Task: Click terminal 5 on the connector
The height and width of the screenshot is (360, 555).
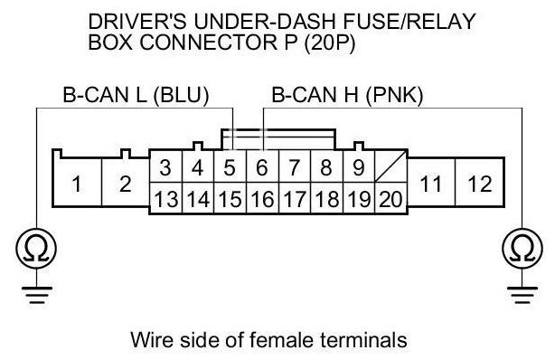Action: click(x=230, y=166)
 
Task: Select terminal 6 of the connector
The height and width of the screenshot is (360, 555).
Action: click(x=262, y=166)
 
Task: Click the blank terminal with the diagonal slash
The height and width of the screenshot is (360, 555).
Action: click(x=390, y=166)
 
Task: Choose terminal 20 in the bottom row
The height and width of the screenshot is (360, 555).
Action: click(x=390, y=198)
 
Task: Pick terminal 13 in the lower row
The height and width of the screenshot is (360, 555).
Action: click(x=166, y=198)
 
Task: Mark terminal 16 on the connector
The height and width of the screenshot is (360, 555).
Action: click(x=262, y=198)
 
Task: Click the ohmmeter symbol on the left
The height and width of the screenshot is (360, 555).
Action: click(x=36, y=249)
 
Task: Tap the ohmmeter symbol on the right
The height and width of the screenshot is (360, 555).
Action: click(x=522, y=249)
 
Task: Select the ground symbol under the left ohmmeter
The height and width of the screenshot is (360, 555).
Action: click(x=37, y=295)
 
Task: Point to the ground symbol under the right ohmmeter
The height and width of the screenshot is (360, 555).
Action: click(x=522, y=295)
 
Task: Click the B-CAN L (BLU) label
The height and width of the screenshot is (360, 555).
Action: click(x=136, y=95)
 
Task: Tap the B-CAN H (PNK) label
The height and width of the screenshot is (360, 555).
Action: click(x=347, y=95)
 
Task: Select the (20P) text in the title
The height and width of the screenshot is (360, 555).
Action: click(x=329, y=43)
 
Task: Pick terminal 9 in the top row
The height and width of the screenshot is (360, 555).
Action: click(x=359, y=166)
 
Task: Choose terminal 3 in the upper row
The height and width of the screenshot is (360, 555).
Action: click(x=166, y=166)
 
